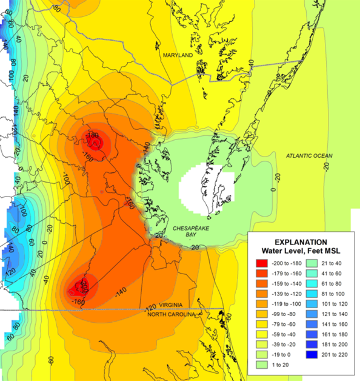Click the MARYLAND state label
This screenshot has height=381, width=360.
coord(177,55)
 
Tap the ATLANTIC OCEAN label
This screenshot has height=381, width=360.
coord(309,156)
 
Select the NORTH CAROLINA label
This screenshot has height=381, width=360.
coord(173,315)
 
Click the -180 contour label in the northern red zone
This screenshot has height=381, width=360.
coord(93,135)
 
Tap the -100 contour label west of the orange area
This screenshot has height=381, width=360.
coord(65,180)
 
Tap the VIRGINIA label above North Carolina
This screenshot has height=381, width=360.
coord(172,308)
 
